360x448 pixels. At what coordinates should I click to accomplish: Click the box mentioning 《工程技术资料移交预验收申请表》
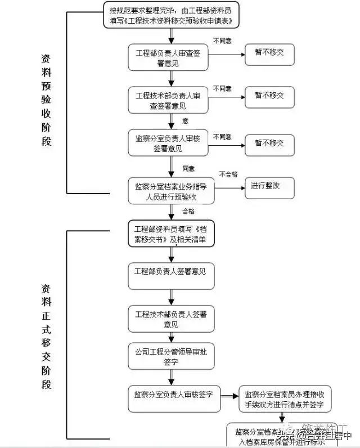click(x=171, y=15)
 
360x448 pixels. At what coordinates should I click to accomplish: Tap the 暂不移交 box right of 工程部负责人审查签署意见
click(x=269, y=55)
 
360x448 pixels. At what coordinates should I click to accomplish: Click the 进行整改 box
click(x=269, y=186)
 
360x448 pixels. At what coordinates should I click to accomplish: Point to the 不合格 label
click(x=228, y=174)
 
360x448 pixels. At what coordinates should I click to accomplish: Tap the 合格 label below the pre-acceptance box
click(x=188, y=212)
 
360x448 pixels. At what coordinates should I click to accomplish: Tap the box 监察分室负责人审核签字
click(x=173, y=395)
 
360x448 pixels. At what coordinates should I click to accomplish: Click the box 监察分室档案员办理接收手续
click(x=284, y=399)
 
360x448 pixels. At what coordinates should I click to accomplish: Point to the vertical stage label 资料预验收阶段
click(x=46, y=100)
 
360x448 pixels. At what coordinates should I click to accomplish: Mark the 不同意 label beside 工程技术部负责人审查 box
click(x=222, y=89)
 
